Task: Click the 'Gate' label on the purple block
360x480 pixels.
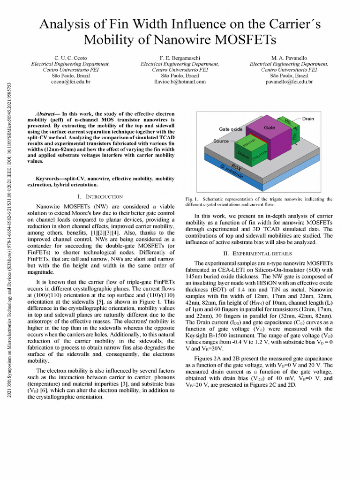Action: tap(269, 127)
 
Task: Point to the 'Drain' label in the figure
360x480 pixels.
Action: tap(308, 119)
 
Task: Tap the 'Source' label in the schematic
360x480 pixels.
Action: tap(221, 141)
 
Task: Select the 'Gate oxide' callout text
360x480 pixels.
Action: tap(231, 129)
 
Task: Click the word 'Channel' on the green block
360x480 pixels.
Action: tap(242, 155)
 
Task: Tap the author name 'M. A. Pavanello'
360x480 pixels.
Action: tap(289, 58)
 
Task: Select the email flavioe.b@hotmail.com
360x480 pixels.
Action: tap(180, 82)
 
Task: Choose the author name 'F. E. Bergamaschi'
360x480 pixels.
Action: tap(180, 58)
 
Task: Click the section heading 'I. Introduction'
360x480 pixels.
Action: tap(100, 196)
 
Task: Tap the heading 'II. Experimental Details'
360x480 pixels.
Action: tap(258, 254)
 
